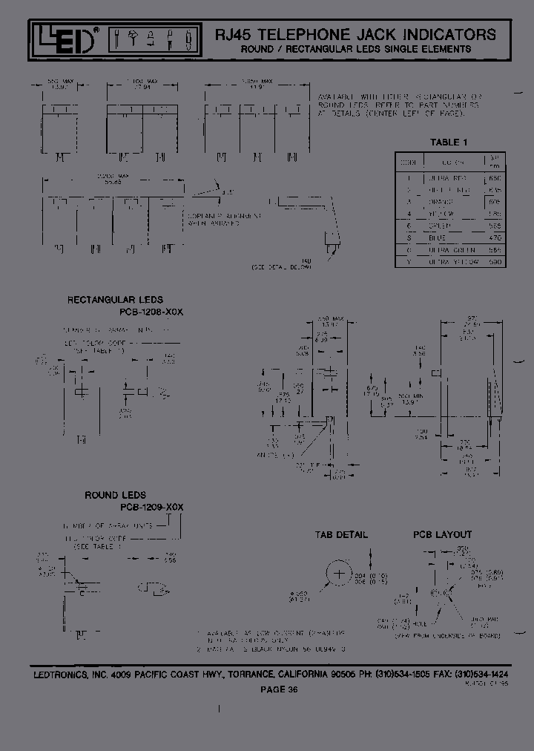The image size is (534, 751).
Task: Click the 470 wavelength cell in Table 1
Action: coord(495,237)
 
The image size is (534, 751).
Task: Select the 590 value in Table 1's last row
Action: coord(495,262)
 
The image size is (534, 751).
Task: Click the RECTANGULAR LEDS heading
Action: coord(115,301)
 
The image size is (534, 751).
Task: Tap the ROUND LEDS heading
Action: coord(115,495)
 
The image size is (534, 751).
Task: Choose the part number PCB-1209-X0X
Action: coord(151,506)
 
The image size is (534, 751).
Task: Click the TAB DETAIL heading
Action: coord(341,534)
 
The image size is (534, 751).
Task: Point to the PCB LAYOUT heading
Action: coord(443,534)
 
